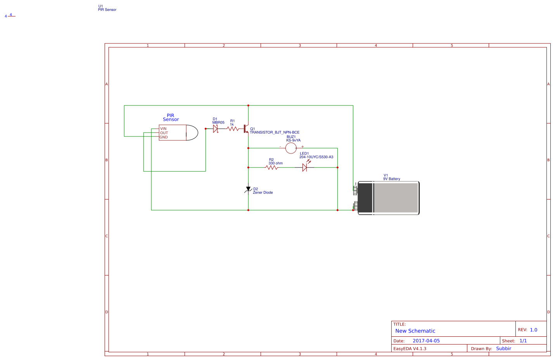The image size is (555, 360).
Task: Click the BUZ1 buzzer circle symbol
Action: pyautogui.click(x=291, y=148)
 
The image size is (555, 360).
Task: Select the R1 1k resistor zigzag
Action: pyautogui.click(x=233, y=129)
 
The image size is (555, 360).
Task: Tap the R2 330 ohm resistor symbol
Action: pyautogui.click(x=271, y=167)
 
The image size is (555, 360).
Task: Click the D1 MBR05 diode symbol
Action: pyautogui.click(x=216, y=129)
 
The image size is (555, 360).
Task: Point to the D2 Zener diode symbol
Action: pyautogui.click(x=248, y=189)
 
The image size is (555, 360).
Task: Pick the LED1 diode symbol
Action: pyautogui.click(x=305, y=167)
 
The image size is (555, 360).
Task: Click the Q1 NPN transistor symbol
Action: pyautogui.click(x=246, y=129)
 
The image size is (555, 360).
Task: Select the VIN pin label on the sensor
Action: pyautogui.click(x=163, y=129)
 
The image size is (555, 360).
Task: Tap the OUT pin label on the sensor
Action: pyautogui.click(x=164, y=133)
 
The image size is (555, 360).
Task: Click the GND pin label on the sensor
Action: pyautogui.click(x=164, y=137)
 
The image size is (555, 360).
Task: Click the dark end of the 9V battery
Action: pyautogui.click(x=365, y=198)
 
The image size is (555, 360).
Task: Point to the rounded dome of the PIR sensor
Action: pyautogui.click(x=192, y=133)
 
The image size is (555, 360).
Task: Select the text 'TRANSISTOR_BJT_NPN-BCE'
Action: pyautogui.click(x=275, y=133)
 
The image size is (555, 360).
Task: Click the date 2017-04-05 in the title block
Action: pyautogui.click(x=426, y=341)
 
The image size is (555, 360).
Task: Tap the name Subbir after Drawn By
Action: pyautogui.click(x=503, y=348)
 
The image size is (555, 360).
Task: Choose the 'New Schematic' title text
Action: pyautogui.click(x=415, y=331)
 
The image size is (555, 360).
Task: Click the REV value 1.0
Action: pyautogui.click(x=534, y=330)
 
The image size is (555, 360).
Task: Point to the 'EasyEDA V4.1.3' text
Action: pyautogui.click(x=410, y=349)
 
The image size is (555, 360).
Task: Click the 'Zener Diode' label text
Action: pyautogui.click(x=263, y=193)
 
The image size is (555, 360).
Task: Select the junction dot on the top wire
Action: pyautogui.click(x=248, y=105)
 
